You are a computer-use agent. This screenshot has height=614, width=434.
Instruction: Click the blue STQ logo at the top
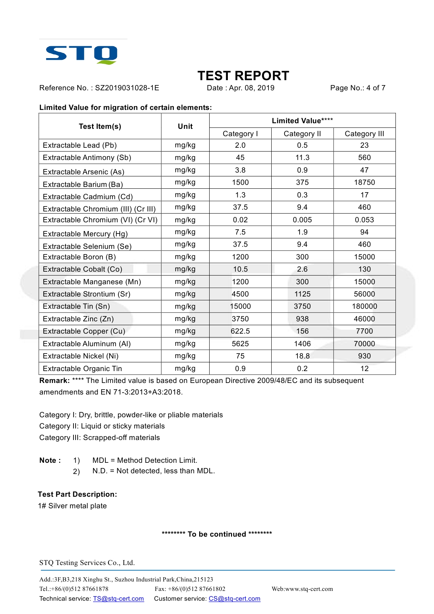coord(82,54)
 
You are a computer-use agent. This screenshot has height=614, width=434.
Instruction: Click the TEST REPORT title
coord(243,76)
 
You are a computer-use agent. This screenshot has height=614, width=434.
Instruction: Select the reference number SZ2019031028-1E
coord(127,88)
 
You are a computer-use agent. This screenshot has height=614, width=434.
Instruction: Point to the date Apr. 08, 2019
coord(252,88)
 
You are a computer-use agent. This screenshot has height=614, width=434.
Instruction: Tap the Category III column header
coord(364,134)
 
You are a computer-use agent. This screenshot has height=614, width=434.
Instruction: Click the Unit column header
coord(185,126)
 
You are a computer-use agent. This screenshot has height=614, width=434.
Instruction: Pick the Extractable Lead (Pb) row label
coord(80,145)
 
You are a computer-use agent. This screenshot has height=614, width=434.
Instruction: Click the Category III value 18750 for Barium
coord(364,182)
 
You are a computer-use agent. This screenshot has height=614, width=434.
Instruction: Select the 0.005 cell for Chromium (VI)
coord(302,220)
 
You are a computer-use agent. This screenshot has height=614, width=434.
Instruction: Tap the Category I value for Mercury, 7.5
coord(240,232)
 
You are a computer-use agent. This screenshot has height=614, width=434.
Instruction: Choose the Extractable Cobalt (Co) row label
coord(83,269)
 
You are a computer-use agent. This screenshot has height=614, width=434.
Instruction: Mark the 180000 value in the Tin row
coord(364,306)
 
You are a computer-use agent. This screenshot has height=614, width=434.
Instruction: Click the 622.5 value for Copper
coord(240,331)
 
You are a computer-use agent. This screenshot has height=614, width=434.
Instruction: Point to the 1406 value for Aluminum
coord(302,344)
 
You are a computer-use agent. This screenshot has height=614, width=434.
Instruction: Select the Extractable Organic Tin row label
coord(82,369)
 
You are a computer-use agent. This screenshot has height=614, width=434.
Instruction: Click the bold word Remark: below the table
coord(55,381)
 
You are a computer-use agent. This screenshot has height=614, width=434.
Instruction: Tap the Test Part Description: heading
coord(77,494)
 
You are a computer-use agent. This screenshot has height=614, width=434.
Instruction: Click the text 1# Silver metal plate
coord(72,506)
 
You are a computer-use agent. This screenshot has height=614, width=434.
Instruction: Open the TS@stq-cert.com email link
coord(118,599)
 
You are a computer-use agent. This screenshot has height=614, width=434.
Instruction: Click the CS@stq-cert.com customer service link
coord(234,599)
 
